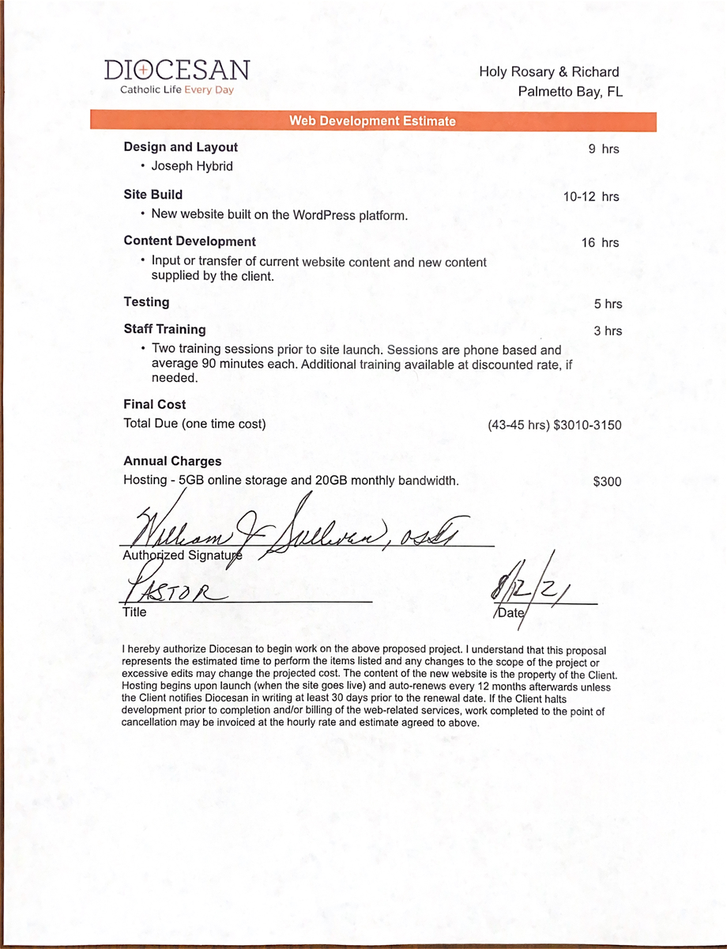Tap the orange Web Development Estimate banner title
coord(372,121)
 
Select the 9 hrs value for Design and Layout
coord(604,149)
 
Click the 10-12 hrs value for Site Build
coord(591,197)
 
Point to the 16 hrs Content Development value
coord(600,243)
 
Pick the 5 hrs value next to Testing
coord(608,304)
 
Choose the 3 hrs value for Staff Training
coord(608,331)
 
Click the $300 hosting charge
coord(607,481)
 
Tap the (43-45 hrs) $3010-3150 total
coord(555,425)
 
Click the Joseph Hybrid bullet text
coord(192,166)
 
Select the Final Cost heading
coord(155,404)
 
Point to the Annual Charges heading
coord(172,461)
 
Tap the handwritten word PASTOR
coord(172,589)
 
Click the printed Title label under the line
coord(134,611)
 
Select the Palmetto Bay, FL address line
coord(570,92)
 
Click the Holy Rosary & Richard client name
coord(548,72)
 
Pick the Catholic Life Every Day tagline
coord(177,90)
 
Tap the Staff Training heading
coord(164,329)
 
